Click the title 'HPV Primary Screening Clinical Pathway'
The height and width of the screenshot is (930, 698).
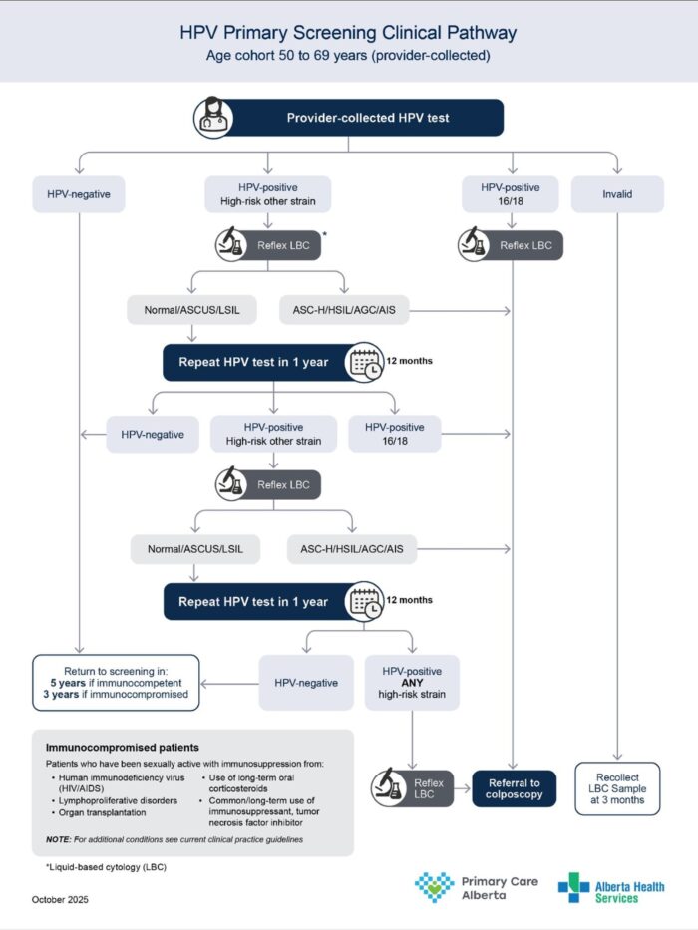[348, 32]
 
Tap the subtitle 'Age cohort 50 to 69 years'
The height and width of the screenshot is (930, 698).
[348, 56]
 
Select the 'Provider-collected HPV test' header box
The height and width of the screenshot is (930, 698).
[367, 118]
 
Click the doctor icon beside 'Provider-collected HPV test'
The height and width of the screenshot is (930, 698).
[212, 118]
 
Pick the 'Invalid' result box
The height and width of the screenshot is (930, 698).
[617, 194]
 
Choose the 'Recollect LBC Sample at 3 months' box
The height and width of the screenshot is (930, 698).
[617, 787]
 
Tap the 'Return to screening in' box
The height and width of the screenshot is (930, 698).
[116, 682]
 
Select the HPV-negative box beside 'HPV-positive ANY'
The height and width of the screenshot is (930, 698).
[305, 683]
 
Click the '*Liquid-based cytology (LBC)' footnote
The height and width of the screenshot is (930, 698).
[105, 868]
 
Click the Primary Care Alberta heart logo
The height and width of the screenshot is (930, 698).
[434, 886]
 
